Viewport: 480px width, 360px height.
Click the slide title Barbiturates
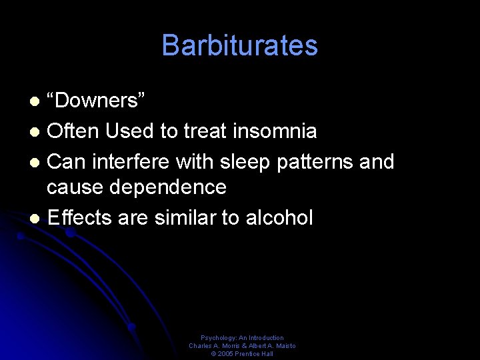(239, 45)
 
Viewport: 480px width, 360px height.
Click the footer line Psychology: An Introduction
(242, 338)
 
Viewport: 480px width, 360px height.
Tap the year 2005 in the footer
(225, 354)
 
